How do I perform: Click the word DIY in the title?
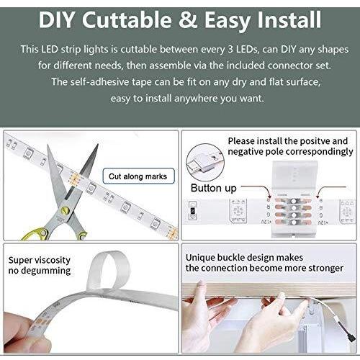coord(57,20)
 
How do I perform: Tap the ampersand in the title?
coord(188,20)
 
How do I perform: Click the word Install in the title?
coord(289,20)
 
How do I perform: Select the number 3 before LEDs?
coord(230,50)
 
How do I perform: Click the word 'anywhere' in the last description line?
coord(196,99)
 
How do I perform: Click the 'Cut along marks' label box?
coord(138,176)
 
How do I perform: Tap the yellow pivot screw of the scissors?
coord(65,210)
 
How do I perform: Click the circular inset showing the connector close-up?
coord(205,162)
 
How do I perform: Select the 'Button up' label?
coord(214,188)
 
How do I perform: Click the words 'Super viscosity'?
coord(40,260)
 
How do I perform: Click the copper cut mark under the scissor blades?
coord(73,179)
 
